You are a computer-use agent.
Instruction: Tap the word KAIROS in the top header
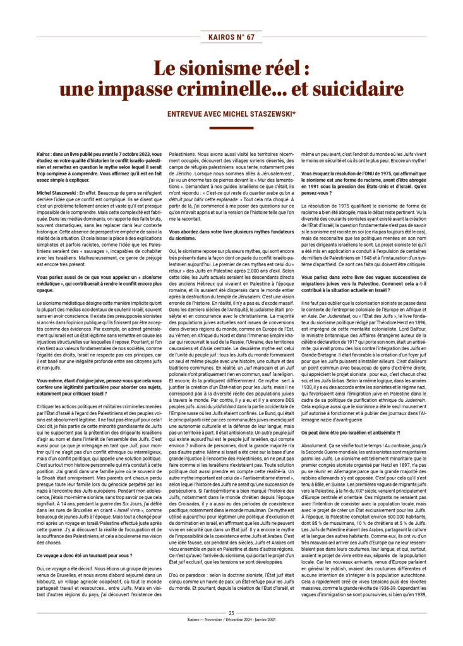click(x=219, y=37)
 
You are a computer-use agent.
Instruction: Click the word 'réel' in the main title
click(x=260, y=66)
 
